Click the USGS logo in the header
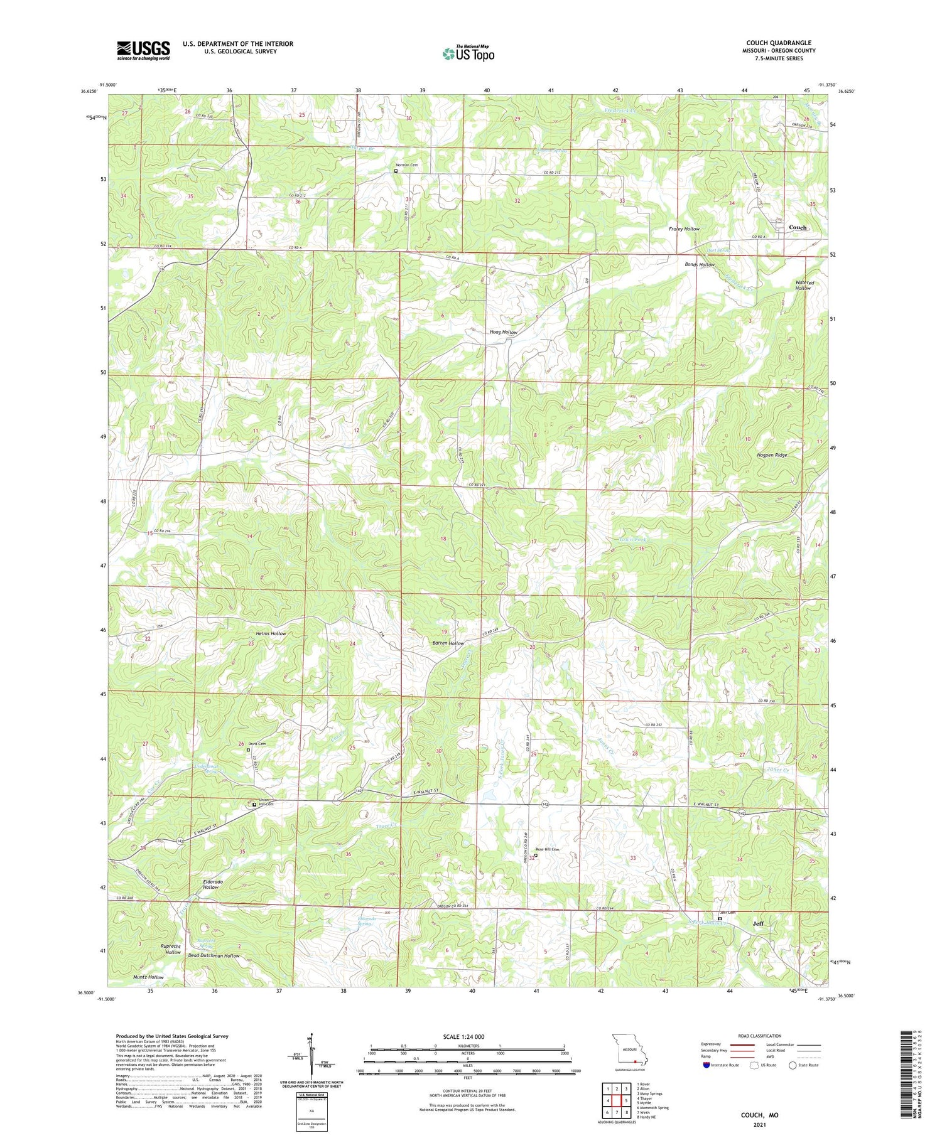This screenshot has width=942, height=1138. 143,50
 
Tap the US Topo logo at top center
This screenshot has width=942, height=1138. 468,53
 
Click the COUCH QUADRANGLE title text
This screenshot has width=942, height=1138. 778,43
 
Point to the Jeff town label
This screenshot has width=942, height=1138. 758,923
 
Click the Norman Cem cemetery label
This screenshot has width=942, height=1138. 407,165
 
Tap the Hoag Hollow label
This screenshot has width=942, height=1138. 503,332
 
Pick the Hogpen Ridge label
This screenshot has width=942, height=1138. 771,455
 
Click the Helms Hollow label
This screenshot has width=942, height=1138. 271,634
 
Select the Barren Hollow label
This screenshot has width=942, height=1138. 448,643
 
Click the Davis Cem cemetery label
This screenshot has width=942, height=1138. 257,744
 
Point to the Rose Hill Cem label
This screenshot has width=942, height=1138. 547,850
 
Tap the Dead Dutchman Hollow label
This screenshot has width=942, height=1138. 214,956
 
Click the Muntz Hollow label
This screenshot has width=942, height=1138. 148,977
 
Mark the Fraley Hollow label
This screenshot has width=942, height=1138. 684,229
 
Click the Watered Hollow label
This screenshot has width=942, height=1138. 804,285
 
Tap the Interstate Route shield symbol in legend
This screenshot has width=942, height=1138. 706,1065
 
